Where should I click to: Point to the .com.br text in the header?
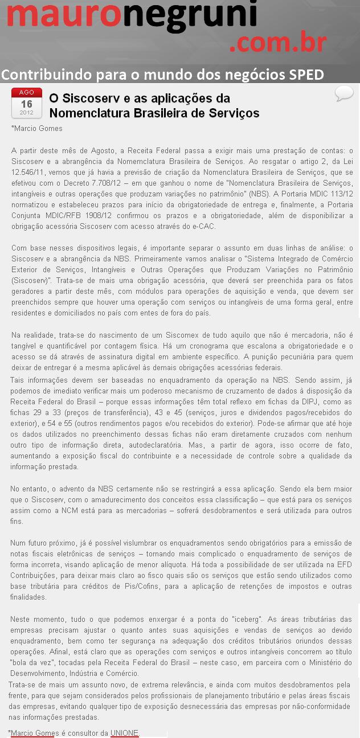coord(277,43)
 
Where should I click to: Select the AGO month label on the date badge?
coord(27,92)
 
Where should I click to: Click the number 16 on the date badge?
coord(27,104)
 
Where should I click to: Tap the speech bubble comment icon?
coord(344,93)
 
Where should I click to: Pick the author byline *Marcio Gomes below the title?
coord(37,129)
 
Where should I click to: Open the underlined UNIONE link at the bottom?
coord(124,733)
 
